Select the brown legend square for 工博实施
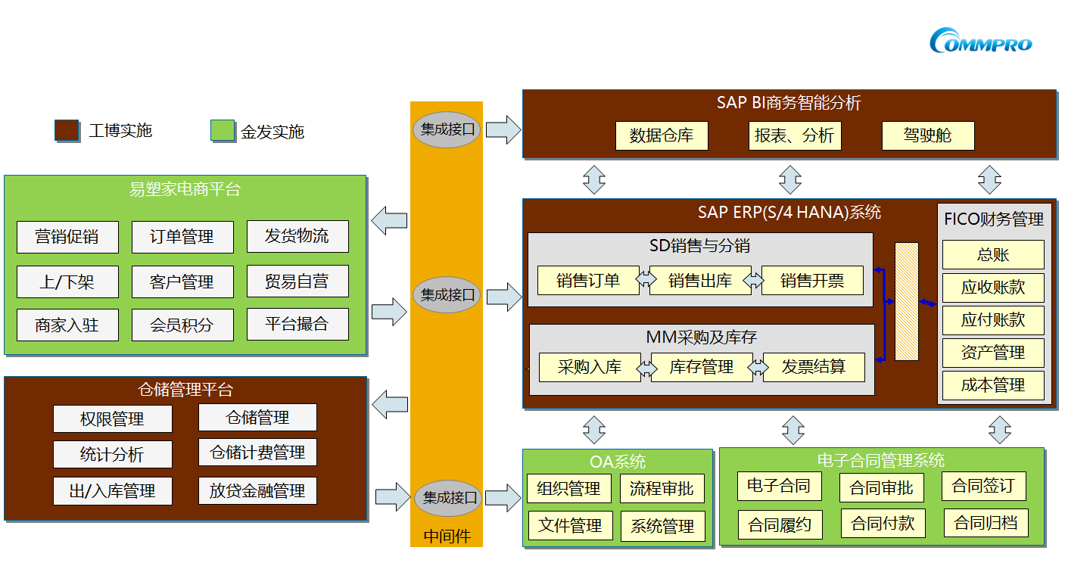pyautogui.click(x=67, y=130)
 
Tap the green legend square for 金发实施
pyautogui.click(x=223, y=130)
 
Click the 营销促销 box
pyautogui.click(x=67, y=237)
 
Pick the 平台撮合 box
pyautogui.click(x=297, y=324)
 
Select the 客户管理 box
pyautogui.click(x=182, y=281)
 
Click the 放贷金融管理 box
pyautogui.click(x=257, y=490)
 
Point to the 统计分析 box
pyautogui.click(x=112, y=454)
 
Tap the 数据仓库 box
pyautogui.click(x=662, y=136)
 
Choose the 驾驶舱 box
pyautogui.click(x=927, y=136)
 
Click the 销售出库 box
pyautogui.click(x=700, y=280)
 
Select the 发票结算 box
pyautogui.click(x=814, y=367)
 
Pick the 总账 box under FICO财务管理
pyautogui.click(x=992, y=255)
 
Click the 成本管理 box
pyautogui.click(x=992, y=385)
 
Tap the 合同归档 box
pyautogui.click(x=986, y=522)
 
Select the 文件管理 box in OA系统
pyautogui.click(x=570, y=525)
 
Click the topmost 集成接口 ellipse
pyautogui.click(x=447, y=129)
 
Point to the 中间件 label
pyautogui.click(x=447, y=537)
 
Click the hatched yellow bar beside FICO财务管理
pyautogui.click(x=907, y=301)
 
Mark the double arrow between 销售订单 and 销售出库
pyautogui.click(x=646, y=280)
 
